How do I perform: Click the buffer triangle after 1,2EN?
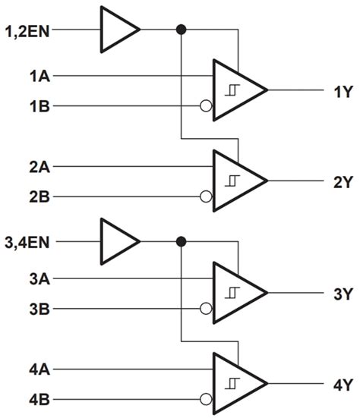click(x=117, y=30)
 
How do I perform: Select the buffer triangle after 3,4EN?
click(x=117, y=242)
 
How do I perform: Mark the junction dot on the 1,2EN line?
click(x=181, y=30)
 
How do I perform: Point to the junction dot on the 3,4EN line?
click(x=181, y=242)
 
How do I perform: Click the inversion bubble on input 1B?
click(x=206, y=106)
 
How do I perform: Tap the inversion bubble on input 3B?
click(x=206, y=310)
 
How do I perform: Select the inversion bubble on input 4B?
click(x=206, y=400)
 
